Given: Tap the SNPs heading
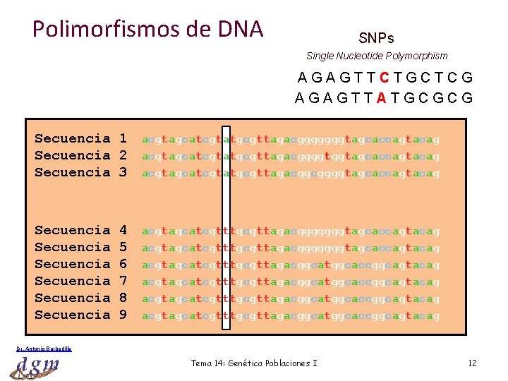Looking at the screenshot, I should [376, 38].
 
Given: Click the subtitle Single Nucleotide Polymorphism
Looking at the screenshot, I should [377, 56].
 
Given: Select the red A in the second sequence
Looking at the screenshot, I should [381, 98].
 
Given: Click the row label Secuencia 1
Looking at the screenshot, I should [80, 138].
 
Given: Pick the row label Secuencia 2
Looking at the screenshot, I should [80, 155].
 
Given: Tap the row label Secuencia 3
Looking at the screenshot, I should [80, 172].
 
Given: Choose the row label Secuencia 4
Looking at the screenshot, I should [80, 230].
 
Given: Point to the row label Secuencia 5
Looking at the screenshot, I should [80, 247].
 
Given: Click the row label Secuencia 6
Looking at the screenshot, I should [80, 264].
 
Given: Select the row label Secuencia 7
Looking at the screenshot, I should [80, 281].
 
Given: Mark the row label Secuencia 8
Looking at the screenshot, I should [80, 298].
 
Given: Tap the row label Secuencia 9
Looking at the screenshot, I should [80, 315].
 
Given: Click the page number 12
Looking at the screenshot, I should [472, 363].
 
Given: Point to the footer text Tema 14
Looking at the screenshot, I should [254, 363].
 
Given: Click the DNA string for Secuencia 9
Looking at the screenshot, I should [291, 315].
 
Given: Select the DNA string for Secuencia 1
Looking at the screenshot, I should [291, 139].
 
